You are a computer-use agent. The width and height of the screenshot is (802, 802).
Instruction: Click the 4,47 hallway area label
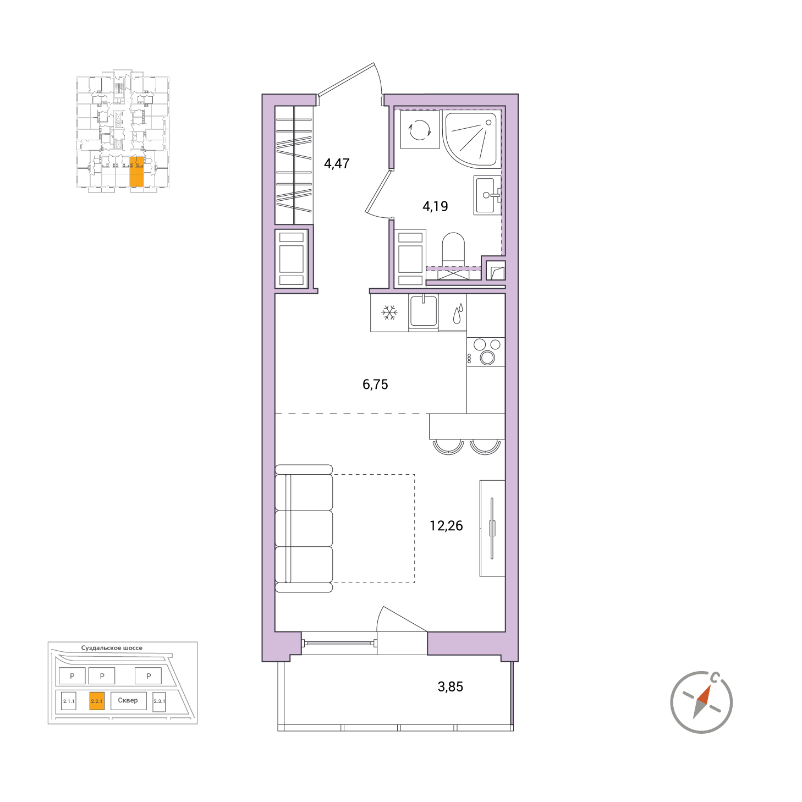(337, 163)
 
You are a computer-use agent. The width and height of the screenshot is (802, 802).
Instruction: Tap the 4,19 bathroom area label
(435, 206)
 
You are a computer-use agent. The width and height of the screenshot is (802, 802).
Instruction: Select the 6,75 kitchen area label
(375, 384)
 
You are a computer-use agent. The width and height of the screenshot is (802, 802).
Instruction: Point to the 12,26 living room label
(446, 526)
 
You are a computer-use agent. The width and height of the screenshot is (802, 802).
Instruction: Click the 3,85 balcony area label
(451, 686)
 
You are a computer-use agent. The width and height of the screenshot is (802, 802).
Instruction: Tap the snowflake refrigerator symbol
(389, 312)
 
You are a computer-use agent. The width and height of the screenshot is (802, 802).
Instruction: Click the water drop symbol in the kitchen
(458, 314)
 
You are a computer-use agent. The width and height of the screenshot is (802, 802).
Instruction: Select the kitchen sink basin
(423, 311)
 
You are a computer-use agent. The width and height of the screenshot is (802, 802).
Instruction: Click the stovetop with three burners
(486, 351)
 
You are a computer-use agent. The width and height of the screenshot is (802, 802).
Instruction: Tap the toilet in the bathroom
(453, 249)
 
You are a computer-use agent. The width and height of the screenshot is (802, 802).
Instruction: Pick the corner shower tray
(471, 139)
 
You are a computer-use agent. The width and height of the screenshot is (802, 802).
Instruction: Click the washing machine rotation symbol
(420, 130)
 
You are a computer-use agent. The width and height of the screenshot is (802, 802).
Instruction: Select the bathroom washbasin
(487, 195)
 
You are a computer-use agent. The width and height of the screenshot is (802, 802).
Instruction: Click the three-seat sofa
(304, 528)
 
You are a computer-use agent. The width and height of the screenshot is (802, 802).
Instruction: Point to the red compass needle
(704, 694)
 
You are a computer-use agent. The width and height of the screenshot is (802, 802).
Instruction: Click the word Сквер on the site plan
(128, 700)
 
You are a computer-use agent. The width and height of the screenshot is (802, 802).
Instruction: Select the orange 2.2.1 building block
(97, 701)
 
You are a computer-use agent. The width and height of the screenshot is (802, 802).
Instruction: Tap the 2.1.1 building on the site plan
(69, 701)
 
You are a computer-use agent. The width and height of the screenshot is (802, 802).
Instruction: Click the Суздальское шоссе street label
(112, 648)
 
